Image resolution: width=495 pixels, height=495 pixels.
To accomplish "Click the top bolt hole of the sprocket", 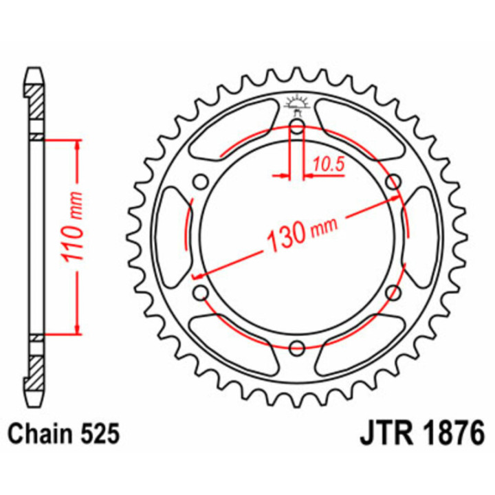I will [296, 126].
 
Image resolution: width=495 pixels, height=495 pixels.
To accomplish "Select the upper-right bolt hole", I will [393, 182].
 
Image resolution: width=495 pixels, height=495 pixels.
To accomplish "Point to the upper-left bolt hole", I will [200, 182].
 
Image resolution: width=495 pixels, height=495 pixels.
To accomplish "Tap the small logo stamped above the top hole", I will [297, 103].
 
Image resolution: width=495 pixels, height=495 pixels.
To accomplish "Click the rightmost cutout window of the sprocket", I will [423, 237].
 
